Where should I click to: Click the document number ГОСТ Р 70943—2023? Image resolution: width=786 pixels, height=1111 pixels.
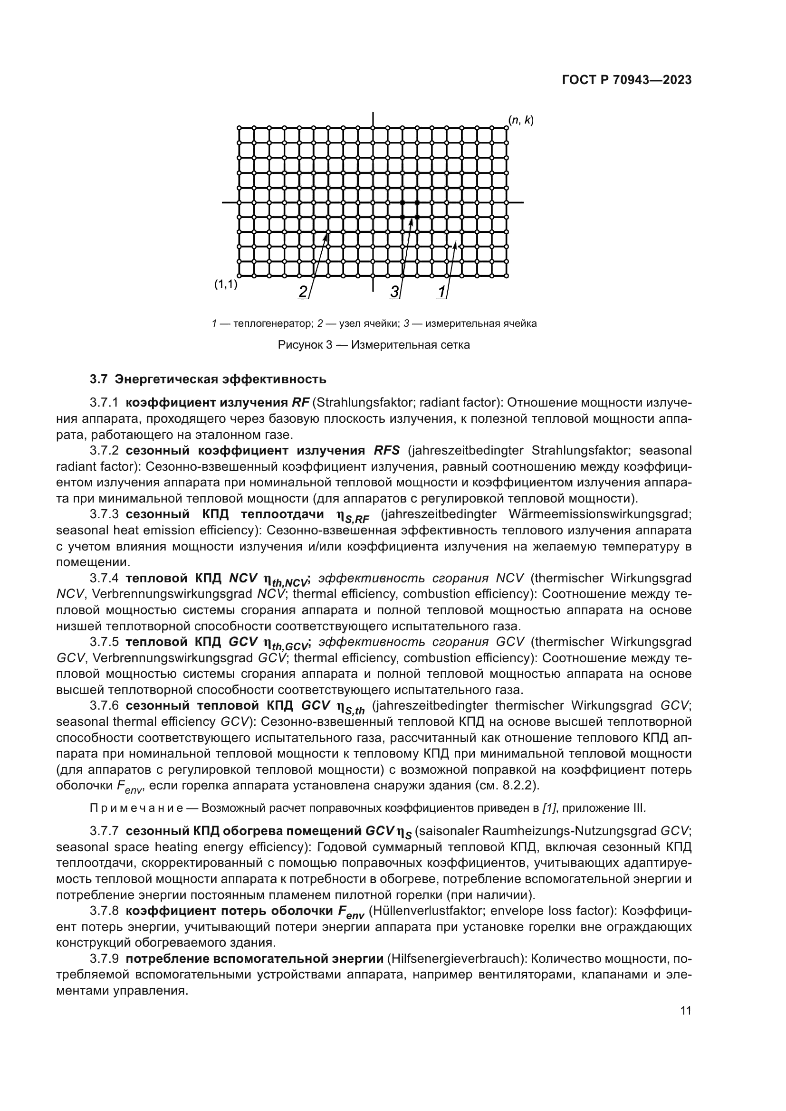tap(626, 80)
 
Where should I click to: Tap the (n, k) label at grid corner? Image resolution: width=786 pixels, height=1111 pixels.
tap(521, 120)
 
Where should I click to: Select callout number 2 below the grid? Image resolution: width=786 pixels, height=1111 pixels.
tap(303, 292)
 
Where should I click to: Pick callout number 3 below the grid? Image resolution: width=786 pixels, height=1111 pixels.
tap(394, 292)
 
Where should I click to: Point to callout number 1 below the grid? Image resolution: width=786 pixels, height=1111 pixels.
tap(441, 292)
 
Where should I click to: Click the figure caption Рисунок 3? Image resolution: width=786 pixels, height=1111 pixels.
tap(373, 345)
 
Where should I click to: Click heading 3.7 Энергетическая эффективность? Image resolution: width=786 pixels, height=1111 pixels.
tap(208, 379)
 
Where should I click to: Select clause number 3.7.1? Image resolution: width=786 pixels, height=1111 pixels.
tap(104, 403)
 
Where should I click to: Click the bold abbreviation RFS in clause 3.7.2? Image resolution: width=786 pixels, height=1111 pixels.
tap(387, 450)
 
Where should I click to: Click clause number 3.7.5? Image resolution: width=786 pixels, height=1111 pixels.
tap(104, 642)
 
